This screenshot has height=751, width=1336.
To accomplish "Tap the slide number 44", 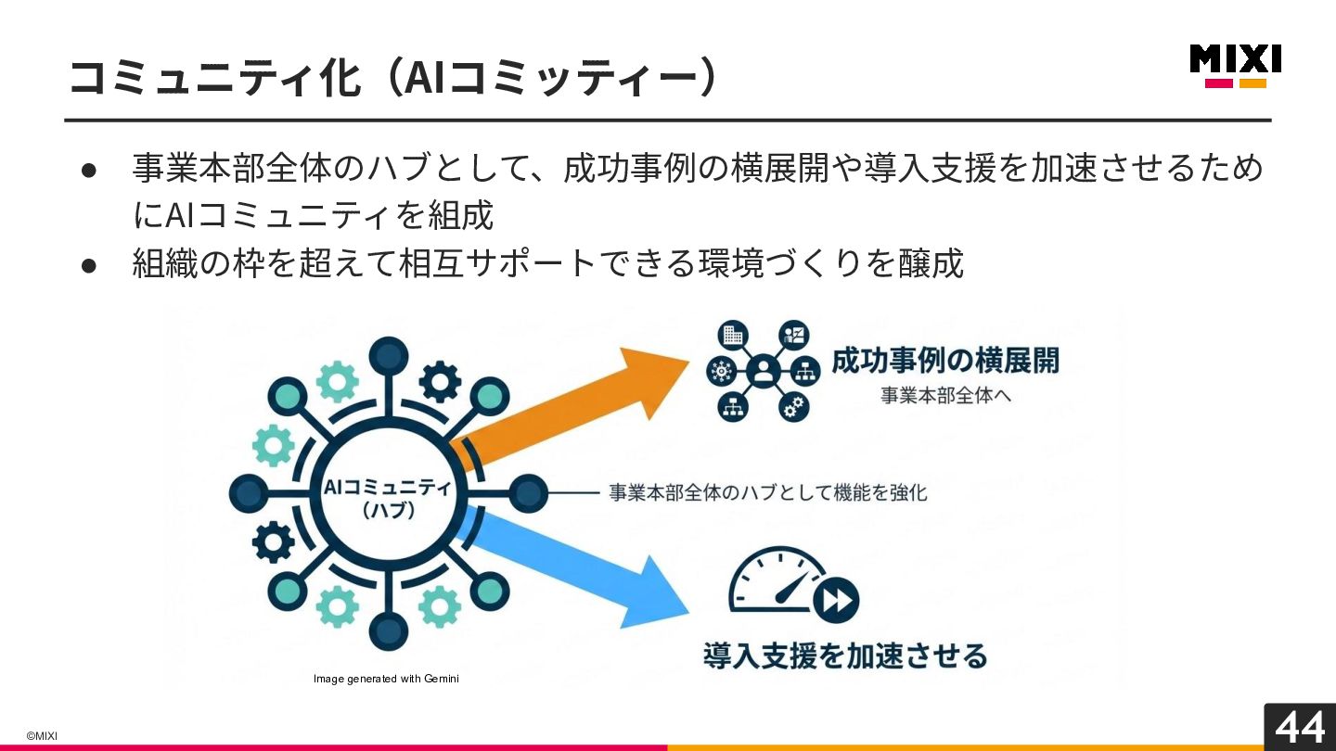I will click(x=1299, y=727).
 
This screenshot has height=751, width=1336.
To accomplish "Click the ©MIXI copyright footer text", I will click(x=42, y=736).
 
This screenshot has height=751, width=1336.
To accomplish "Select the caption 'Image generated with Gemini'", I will click(x=386, y=680).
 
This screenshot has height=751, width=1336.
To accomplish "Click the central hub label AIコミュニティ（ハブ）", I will click(x=388, y=498).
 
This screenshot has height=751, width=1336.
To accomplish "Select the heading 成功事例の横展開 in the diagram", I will click(x=944, y=361).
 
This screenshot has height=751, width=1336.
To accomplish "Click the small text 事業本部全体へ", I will click(x=945, y=396).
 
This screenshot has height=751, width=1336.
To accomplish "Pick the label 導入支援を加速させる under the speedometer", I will click(x=845, y=656).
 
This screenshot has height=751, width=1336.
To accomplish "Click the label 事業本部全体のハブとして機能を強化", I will click(x=767, y=492).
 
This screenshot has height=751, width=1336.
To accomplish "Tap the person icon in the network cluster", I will click(x=764, y=372).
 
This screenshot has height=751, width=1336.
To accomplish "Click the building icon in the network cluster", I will click(x=733, y=336).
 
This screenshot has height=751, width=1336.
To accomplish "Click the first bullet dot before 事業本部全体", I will click(x=89, y=171).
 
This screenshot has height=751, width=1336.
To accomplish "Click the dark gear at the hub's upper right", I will click(x=439, y=379).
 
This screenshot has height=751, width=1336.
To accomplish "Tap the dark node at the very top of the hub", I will click(x=389, y=355).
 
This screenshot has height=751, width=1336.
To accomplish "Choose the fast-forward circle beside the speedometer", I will click(x=836, y=600).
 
